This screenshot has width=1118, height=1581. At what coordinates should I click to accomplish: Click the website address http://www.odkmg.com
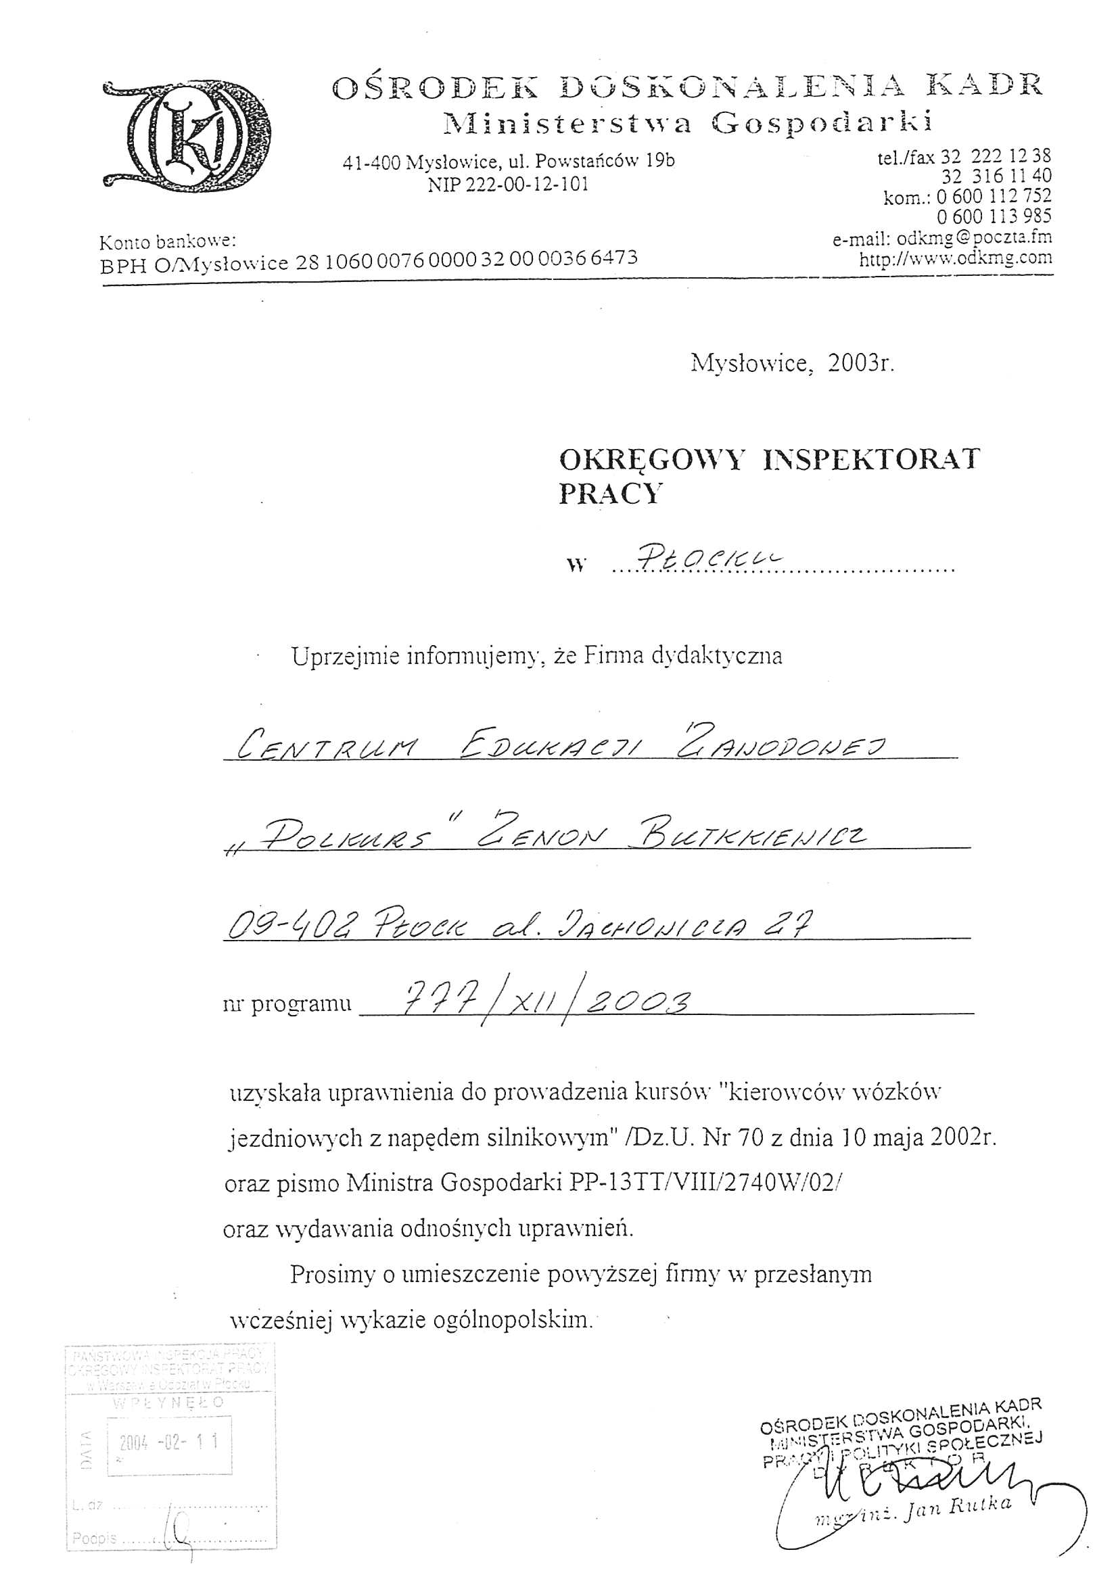(x=956, y=259)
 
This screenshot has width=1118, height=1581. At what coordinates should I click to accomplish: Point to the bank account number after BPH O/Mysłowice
(x=467, y=258)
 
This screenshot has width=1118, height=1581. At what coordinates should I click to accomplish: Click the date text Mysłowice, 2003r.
(x=792, y=363)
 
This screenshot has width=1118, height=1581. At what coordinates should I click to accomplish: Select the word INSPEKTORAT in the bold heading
(x=870, y=460)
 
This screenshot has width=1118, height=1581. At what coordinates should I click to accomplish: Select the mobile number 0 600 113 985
(x=994, y=216)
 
